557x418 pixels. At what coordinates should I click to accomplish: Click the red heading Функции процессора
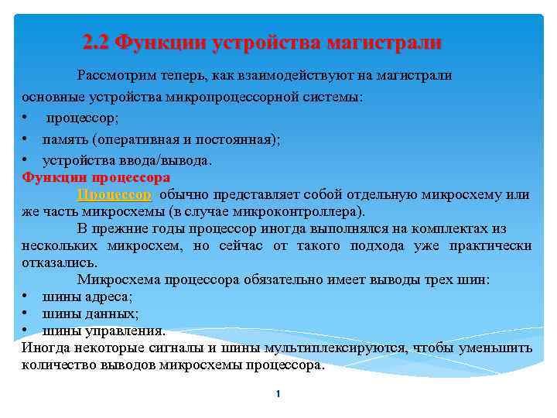(x=96, y=177)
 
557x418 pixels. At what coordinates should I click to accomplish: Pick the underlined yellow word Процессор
(x=114, y=194)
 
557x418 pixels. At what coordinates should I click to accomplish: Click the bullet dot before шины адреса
(x=26, y=296)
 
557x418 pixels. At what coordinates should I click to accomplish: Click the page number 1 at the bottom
(x=278, y=395)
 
